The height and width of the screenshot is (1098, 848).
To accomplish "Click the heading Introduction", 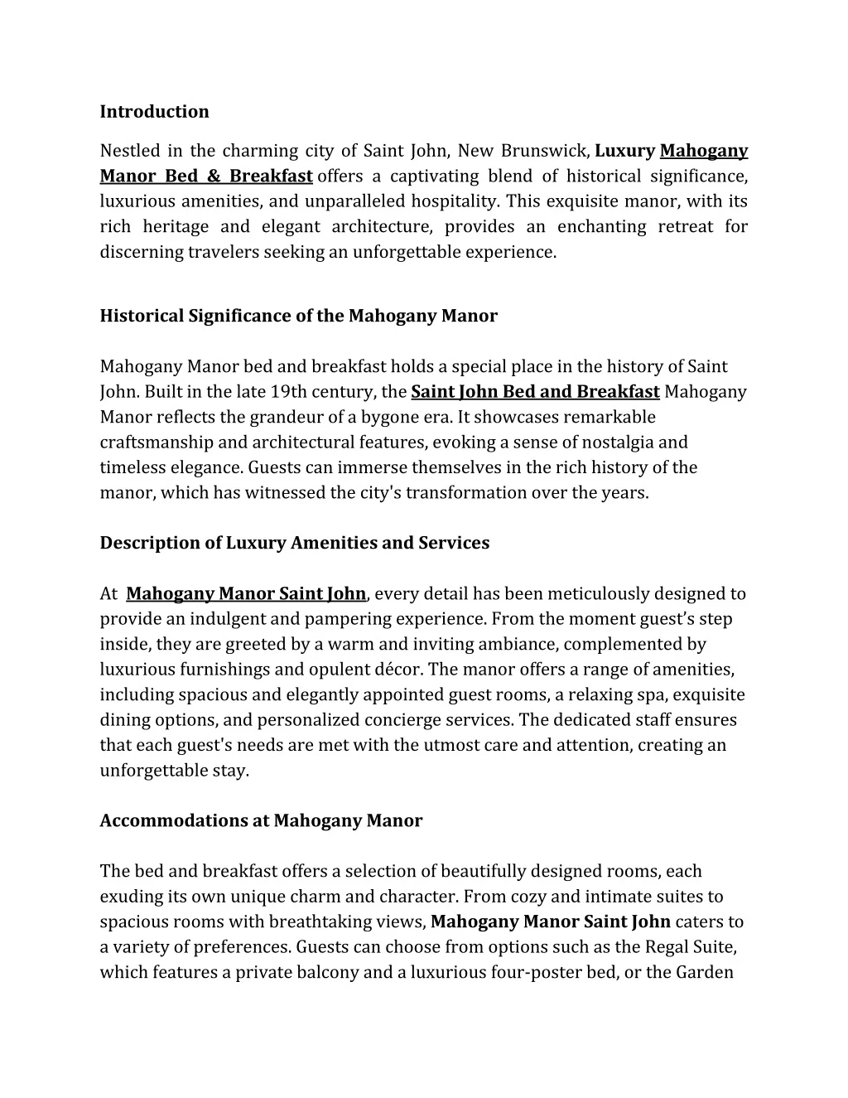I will coord(154,112).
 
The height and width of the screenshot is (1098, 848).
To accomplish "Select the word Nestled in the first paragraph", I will coord(128,151).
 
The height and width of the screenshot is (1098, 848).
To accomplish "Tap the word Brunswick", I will coord(543,151).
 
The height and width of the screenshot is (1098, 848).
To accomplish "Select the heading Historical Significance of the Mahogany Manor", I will coord(298,316).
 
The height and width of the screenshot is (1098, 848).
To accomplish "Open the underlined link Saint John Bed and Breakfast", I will coord(535,392).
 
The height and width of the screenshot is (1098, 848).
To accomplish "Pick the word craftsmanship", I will coord(153,443).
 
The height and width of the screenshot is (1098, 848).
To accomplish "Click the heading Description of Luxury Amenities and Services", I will coord(294,543).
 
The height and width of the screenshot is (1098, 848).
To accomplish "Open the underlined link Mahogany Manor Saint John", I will coord(246,593).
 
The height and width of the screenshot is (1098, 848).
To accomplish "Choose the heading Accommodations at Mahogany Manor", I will coord(261,820).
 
